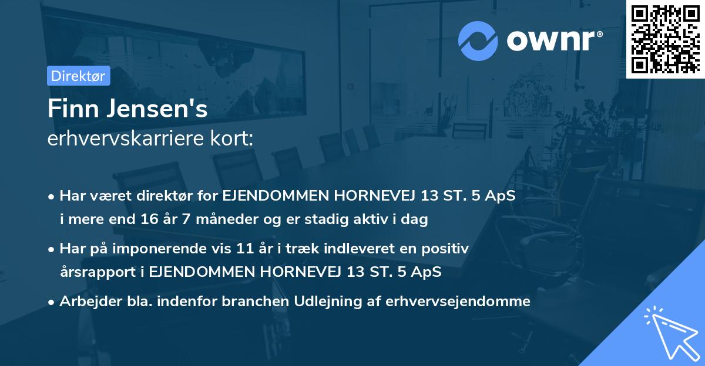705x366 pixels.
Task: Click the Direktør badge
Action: (78, 76)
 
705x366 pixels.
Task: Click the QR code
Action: (665, 39)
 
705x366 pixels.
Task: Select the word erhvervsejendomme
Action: (458, 301)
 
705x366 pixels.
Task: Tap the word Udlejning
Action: (333, 301)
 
